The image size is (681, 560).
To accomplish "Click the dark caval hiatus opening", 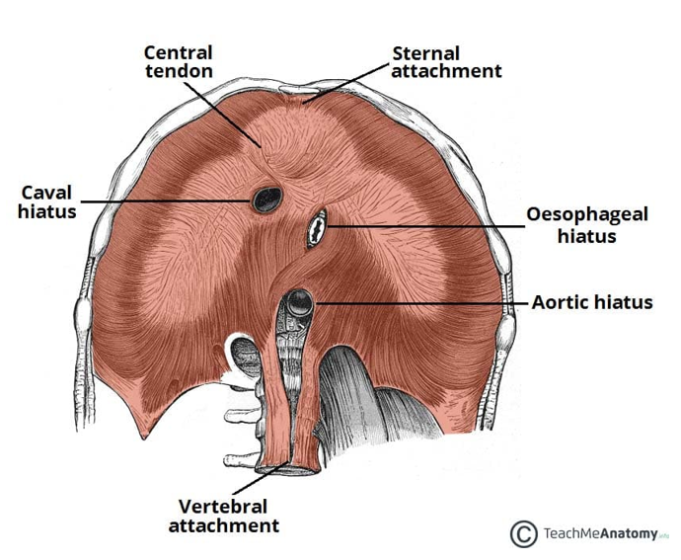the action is [267, 200].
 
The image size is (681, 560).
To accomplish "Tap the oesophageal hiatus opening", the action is [317, 228].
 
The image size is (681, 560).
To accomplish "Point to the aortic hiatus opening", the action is [300, 303].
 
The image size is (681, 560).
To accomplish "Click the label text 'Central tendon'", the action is [179, 62].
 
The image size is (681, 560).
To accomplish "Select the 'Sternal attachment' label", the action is [446, 62].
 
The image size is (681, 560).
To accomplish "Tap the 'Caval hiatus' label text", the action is [47, 202].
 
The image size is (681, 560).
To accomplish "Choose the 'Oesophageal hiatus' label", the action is [587, 225].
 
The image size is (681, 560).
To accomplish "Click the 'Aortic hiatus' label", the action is [592, 302].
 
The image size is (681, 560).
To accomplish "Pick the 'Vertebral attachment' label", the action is [224, 517].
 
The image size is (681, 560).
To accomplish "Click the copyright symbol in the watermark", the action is [523, 533].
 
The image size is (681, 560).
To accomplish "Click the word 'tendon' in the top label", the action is [179, 71].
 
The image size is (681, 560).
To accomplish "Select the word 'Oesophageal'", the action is [587, 214].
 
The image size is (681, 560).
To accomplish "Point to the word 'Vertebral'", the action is [223, 507].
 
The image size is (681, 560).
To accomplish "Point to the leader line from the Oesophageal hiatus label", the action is [424, 226].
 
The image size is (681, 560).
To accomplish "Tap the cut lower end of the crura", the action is [288, 469].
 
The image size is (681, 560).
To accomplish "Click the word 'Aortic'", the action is [561, 302].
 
